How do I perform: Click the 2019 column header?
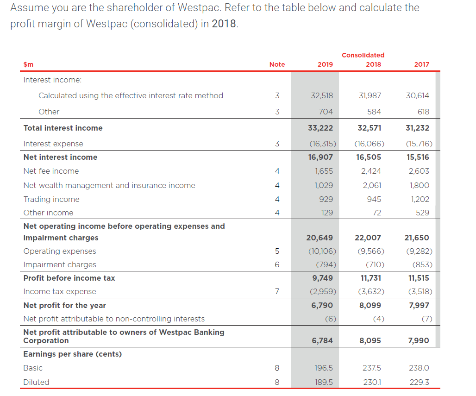point(325,64)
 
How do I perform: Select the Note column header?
point(277,64)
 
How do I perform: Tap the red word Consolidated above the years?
point(363,55)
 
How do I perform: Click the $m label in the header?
point(28,64)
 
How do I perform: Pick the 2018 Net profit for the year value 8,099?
point(370,305)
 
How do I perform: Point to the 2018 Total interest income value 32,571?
point(369,128)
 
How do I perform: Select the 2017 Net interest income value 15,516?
point(418,157)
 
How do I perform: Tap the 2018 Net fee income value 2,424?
point(371,171)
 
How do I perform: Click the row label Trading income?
point(51,199)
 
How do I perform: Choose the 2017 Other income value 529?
point(423,213)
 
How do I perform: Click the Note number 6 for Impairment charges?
point(277,264)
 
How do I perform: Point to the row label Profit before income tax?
point(69,278)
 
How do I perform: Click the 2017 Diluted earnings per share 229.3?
point(420,382)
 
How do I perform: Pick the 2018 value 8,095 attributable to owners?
point(370,340)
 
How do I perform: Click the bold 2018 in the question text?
point(224,24)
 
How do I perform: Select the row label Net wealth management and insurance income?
point(109,185)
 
